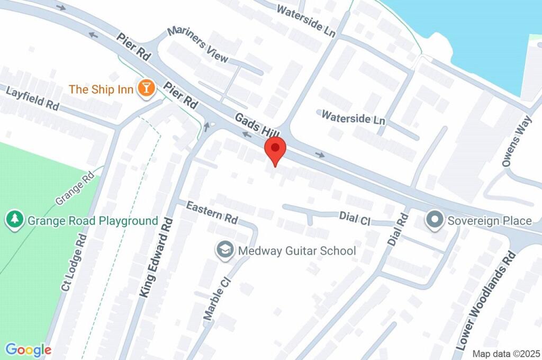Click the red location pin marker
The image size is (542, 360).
tap(275, 150)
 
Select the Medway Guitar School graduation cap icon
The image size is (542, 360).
tap(225, 250)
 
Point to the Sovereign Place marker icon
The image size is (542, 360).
tap(435, 220)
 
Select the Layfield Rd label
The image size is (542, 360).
tap(32, 98)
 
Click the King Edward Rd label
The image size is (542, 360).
tap(156, 258)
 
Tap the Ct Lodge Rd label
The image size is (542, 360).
tap(74, 263)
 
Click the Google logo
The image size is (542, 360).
tap(28, 349)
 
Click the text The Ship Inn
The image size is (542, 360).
tap(101, 89)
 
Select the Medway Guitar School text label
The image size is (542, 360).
tap(297, 250)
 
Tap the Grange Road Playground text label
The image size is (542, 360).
tap(93, 220)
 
